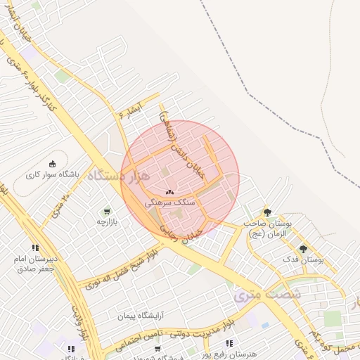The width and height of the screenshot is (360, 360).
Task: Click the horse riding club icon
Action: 52,163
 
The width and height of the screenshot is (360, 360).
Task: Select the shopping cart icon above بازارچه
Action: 106,211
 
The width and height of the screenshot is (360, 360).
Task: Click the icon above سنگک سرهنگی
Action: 169,191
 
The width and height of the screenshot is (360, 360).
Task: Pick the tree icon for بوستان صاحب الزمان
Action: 266,212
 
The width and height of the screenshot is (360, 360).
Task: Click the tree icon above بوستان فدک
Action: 303,249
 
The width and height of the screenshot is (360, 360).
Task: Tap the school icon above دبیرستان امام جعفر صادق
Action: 35,247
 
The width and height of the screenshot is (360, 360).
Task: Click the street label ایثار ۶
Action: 131,110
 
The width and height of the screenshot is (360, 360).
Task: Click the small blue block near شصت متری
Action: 265,326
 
